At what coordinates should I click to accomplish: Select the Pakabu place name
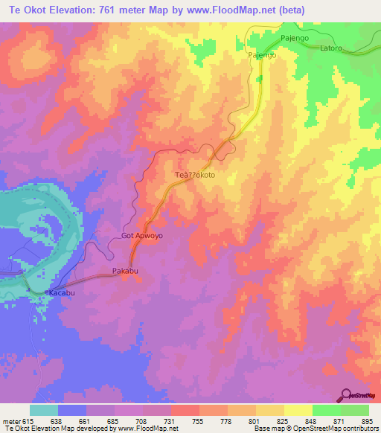(125, 270)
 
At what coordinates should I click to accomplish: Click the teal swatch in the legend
(44, 410)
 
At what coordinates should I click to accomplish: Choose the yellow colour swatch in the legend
(298, 410)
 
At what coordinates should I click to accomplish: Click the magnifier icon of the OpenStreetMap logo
(347, 394)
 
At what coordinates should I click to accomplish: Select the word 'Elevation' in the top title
(71, 8)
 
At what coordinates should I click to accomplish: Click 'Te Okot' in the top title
(23, 8)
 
